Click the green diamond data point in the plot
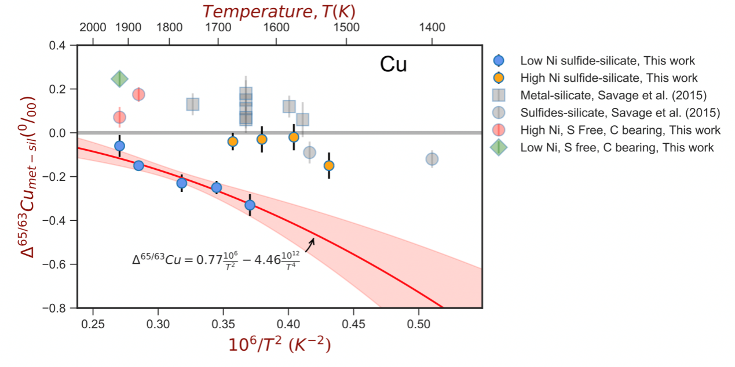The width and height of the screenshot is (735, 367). [119, 79]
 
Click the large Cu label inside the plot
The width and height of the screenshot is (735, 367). [393, 64]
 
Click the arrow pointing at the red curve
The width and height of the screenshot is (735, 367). [310, 245]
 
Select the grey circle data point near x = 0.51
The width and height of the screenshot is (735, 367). [432, 159]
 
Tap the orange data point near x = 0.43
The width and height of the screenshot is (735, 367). [329, 165]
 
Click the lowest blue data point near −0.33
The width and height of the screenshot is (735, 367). [250, 205]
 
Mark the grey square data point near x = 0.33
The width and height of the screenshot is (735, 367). [193, 104]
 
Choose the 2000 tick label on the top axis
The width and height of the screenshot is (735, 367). [93, 27]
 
